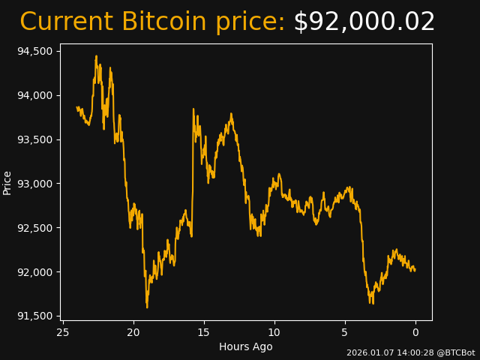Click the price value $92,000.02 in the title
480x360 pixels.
point(364,22)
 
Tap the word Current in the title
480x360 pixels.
point(67,22)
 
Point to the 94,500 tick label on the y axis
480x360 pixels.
point(34,51)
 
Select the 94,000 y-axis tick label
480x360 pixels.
point(34,95)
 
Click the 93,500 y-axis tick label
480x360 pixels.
point(34,139)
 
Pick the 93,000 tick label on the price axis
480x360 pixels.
point(34,184)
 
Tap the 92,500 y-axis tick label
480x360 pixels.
point(34,228)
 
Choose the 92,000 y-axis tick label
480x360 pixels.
point(34,272)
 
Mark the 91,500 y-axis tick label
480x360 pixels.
point(34,316)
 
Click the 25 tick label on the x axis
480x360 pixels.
point(63,332)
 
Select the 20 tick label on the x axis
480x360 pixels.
point(133,332)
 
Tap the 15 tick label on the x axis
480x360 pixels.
point(204,332)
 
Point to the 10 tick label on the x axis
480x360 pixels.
point(274,332)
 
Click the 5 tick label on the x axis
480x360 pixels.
point(345,332)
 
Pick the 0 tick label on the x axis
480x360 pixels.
point(415,332)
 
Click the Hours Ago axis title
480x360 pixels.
point(245,346)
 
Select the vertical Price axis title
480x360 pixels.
point(7,182)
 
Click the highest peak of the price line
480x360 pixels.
point(96,56)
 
